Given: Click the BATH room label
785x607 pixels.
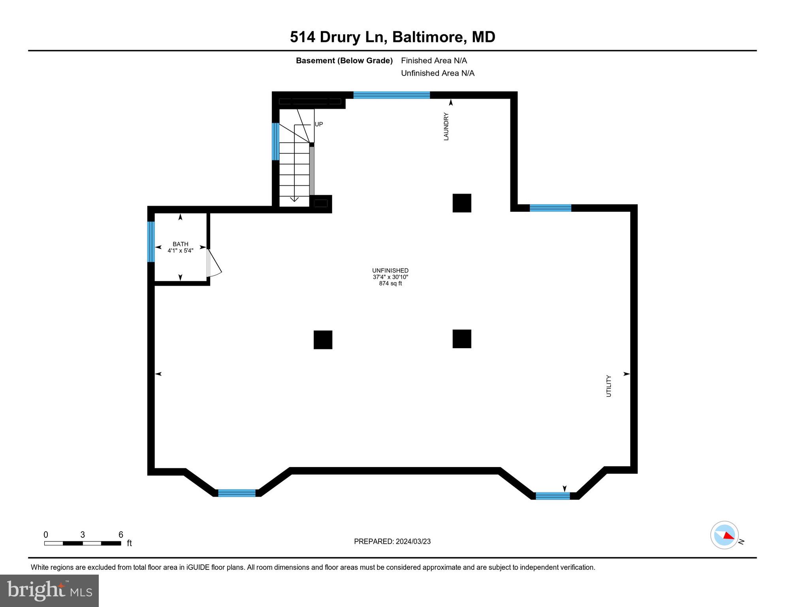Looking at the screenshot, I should click(x=180, y=244).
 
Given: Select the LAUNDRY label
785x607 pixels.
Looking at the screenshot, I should click(x=446, y=126).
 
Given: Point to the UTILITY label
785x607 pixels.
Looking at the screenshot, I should click(x=608, y=386).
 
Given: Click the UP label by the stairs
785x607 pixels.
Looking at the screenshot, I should click(x=319, y=124).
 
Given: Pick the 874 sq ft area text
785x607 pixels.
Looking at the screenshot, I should click(x=390, y=283).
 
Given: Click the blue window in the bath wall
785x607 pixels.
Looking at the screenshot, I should click(x=151, y=241).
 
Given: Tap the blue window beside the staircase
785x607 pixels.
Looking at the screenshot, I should click(x=275, y=141).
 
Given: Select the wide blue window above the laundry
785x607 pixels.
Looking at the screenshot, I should click(x=391, y=95).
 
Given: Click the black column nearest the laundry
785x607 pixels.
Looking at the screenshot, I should click(x=462, y=203).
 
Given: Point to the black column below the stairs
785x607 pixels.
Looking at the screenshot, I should click(x=323, y=340).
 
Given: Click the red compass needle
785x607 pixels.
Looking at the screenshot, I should click(x=729, y=535).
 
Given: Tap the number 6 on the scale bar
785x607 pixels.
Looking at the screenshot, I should click(x=121, y=535).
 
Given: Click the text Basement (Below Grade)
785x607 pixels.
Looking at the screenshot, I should click(x=344, y=60).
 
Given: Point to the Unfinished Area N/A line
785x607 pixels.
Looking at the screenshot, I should click(x=437, y=73).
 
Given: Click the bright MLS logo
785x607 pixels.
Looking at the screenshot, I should click(x=49, y=590).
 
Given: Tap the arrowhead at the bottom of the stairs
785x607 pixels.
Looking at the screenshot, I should click(x=294, y=199).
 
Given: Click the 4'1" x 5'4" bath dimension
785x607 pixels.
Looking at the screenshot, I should click(x=180, y=251).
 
